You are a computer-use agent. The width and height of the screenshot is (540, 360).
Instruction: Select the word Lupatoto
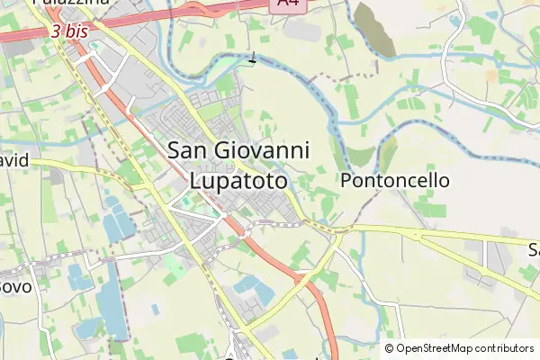click(239, 180)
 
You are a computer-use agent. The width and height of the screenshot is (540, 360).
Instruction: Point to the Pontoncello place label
click(395, 181)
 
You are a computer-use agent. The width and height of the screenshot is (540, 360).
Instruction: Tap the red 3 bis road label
click(69, 31)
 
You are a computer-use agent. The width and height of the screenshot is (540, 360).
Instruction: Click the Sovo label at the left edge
click(15, 286)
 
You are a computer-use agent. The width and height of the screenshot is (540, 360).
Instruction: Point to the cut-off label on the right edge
click(533, 248)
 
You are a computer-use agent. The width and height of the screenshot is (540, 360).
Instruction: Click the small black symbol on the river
click(252, 60)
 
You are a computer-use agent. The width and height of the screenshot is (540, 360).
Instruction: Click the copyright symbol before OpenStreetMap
click(390, 348)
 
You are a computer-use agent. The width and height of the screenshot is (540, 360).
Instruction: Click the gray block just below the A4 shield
click(301, 30)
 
